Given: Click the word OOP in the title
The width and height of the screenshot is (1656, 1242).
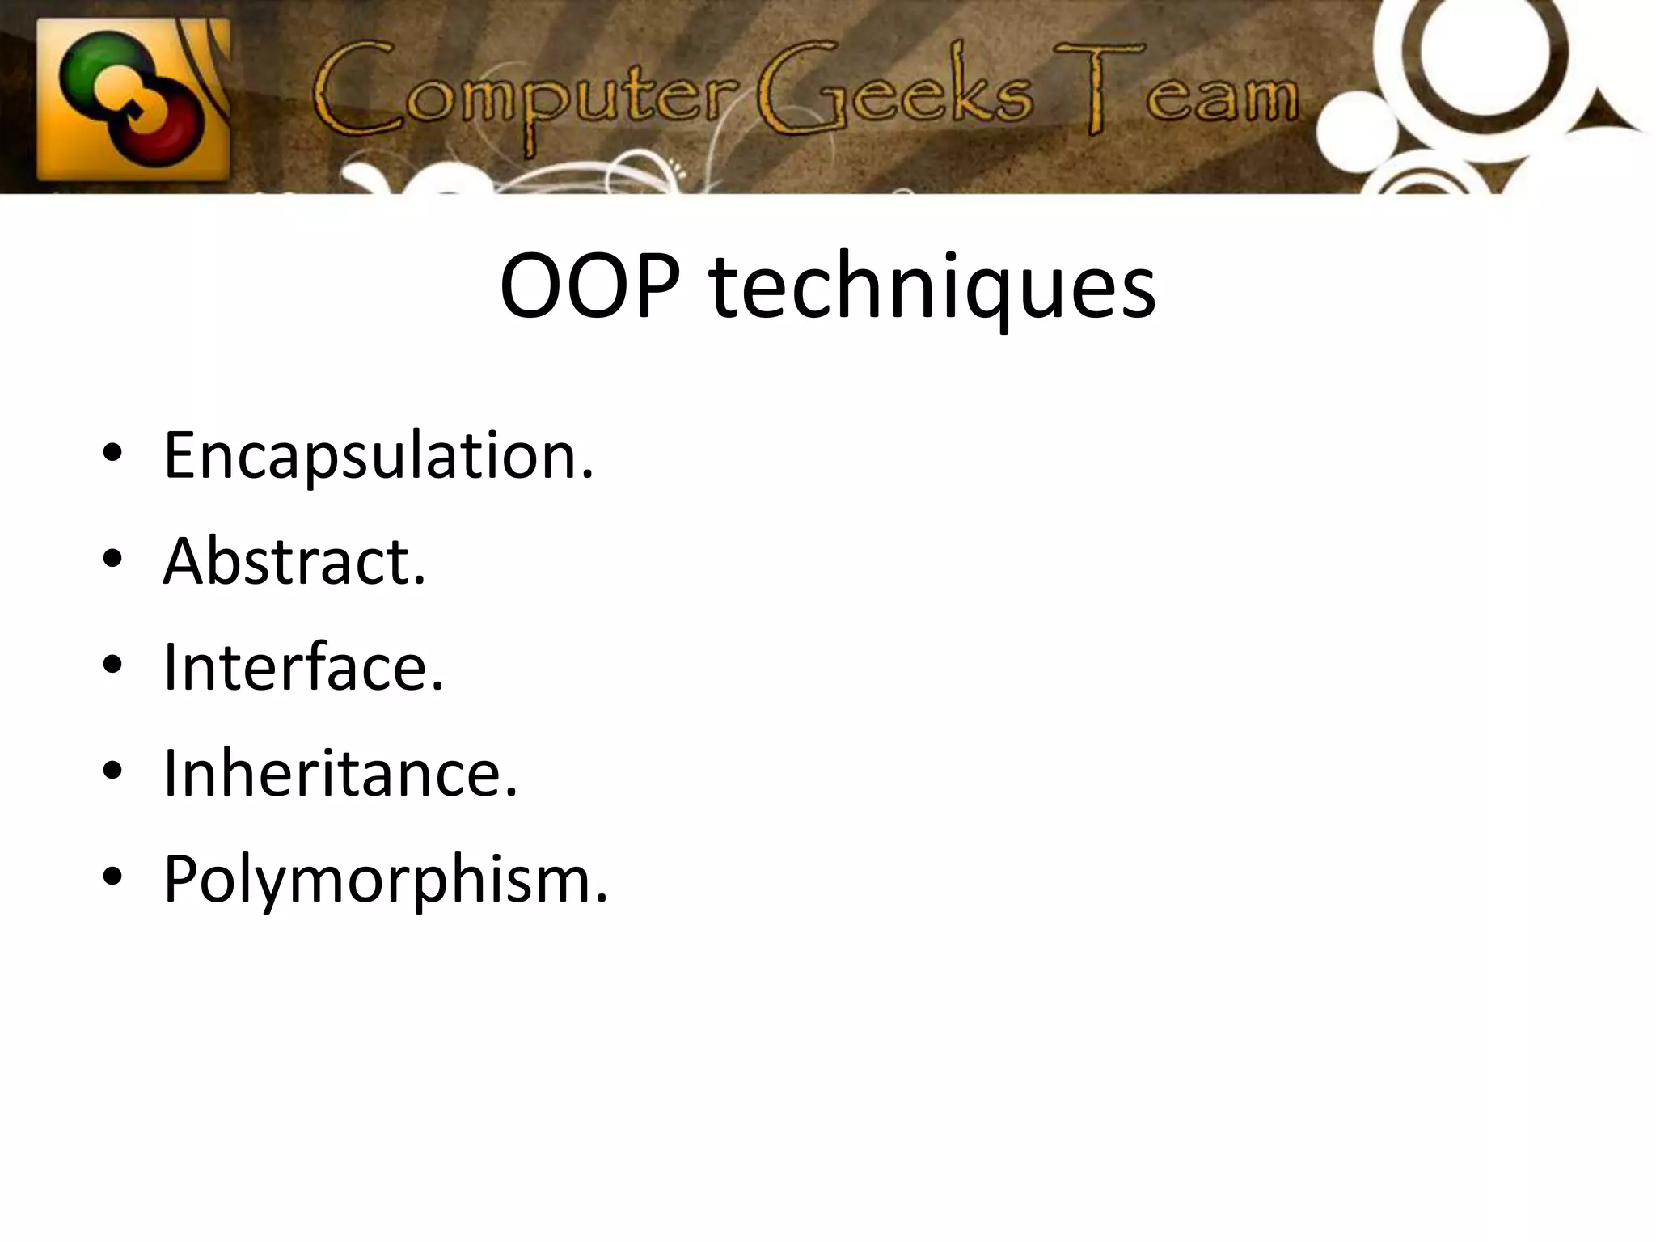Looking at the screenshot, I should click(x=589, y=287).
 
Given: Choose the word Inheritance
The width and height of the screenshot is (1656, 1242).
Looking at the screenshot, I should click(x=340, y=773).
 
